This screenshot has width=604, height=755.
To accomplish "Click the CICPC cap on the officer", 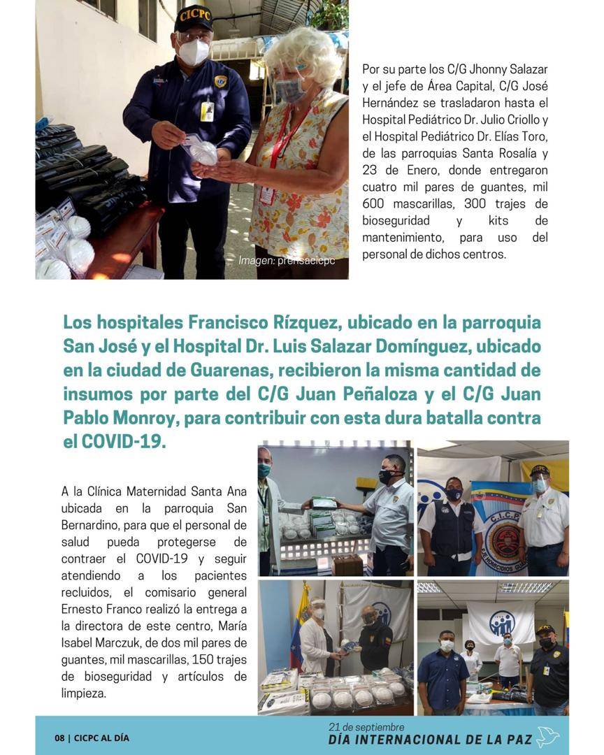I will pos(194,17).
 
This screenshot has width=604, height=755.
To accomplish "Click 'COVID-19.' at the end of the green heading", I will pos(124,442).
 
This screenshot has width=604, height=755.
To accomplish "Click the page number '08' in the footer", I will pos(60,738).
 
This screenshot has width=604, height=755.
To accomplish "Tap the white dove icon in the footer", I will pos(547,738).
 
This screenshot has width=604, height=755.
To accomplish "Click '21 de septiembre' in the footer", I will pos(366,727).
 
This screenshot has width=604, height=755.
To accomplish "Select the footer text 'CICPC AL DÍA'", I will pos(102,738).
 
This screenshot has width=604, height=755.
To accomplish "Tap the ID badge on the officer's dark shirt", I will pos(207,111).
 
